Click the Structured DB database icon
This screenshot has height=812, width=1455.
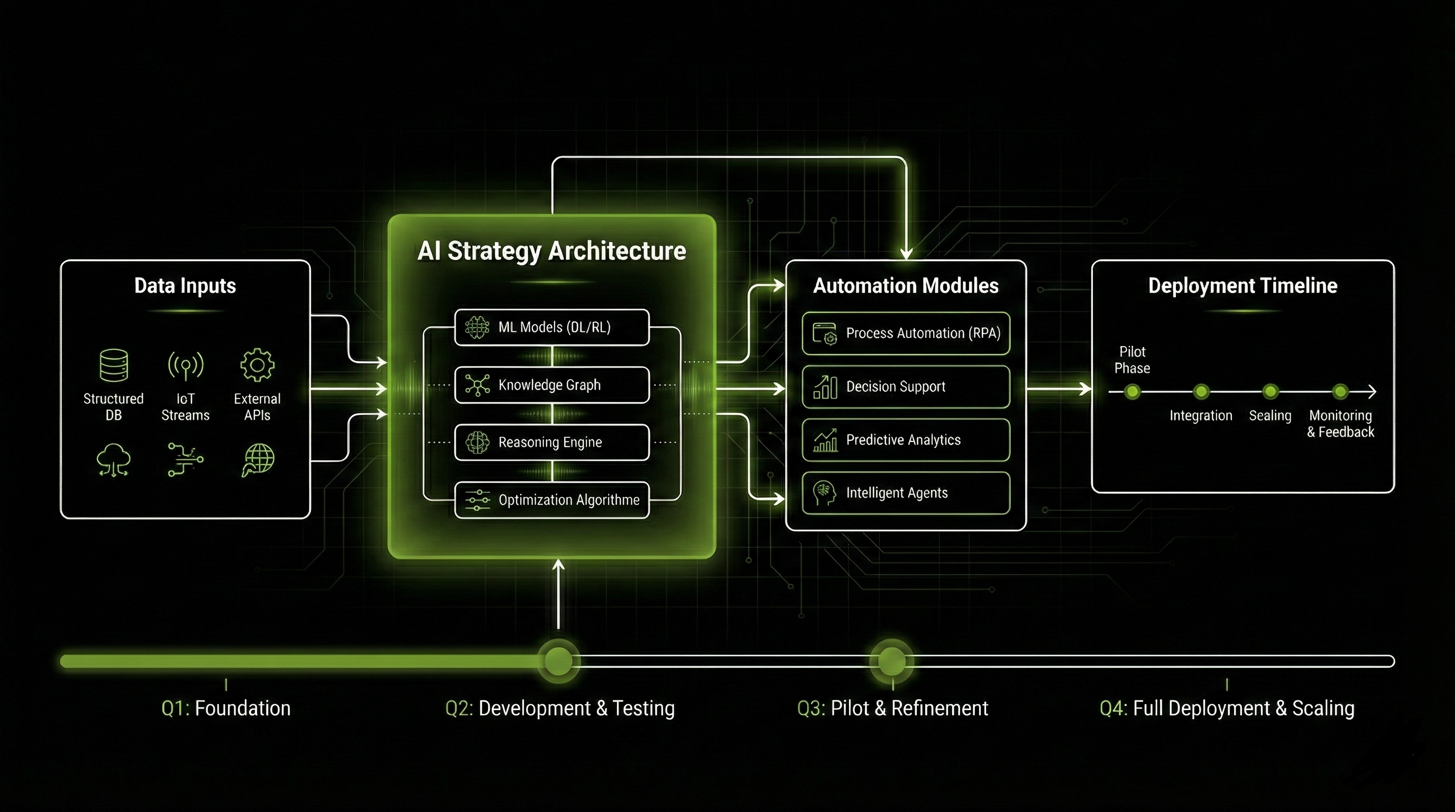[x=114, y=365]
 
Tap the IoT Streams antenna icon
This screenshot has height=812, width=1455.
[x=185, y=365]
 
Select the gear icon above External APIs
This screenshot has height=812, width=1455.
[x=257, y=365]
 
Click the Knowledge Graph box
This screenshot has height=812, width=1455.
[x=551, y=385]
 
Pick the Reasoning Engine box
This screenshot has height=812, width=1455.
[x=551, y=442]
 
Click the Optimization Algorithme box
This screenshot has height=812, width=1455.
[x=551, y=500]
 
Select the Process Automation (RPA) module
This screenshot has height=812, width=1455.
[x=906, y=333]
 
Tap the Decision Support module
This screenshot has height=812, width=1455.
[x=906, y=387]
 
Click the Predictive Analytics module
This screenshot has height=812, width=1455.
[x=906, y=440]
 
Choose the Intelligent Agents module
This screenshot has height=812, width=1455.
[x=906, y=493]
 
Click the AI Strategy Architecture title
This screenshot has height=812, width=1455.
[x=551, y=251]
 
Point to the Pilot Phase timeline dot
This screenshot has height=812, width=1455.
[x=1132, y=391]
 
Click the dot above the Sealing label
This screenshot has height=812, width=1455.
[x=1270, y=391]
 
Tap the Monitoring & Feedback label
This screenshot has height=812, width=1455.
[x=1340, y=423]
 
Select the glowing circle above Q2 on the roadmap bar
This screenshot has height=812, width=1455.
[x=558, y=660]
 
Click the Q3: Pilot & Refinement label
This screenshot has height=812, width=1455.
[x=892, y=708]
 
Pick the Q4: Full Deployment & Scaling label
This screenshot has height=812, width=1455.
[x=1227, y=708]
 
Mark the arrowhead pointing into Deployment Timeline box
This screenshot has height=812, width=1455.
[x=1085, y=389]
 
